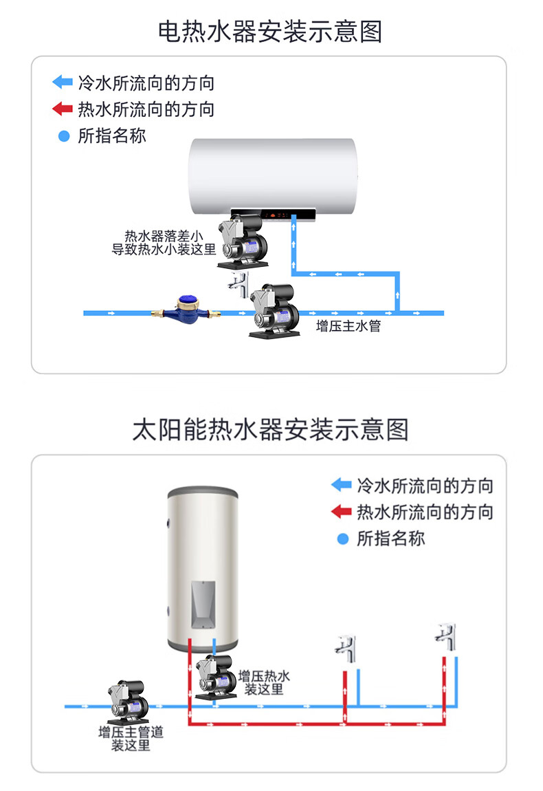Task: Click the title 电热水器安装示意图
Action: click(x=270, y=32)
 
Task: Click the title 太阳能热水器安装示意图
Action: click(x=270, y=429)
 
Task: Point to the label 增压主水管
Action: click(x=348, y=326)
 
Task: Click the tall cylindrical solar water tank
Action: click(x=203, y=567)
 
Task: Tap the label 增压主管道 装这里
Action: click(x=131, y=739)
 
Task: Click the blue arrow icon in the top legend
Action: click(x=63, y=83)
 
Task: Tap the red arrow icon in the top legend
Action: click(x=63, y=109)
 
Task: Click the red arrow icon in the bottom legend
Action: click(x=341, y=512)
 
